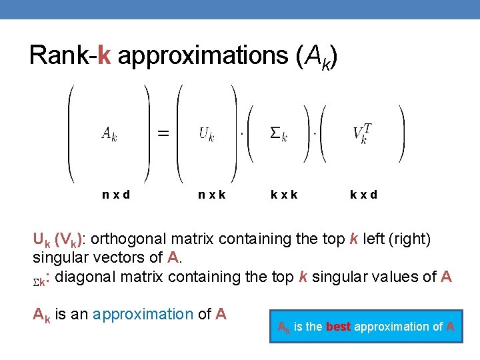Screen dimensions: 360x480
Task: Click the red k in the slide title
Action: point(103,57)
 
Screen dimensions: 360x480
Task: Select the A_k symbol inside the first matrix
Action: point(109,133)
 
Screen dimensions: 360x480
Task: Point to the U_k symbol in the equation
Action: point(207,133)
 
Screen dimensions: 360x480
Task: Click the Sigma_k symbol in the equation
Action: point(279,133)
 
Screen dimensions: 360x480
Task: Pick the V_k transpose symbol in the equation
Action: point(363,133)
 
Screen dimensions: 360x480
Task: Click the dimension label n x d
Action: point(116,195)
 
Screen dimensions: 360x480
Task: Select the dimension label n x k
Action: point(212,195)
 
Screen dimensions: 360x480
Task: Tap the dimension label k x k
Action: point(285,195)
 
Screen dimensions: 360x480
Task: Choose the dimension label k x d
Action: point(364,195)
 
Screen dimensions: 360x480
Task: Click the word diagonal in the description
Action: point(87,277)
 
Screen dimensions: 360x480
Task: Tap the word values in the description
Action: point(405,277)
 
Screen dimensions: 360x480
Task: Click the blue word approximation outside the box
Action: point(143,314)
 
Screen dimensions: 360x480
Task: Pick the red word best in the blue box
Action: point(338,327)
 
